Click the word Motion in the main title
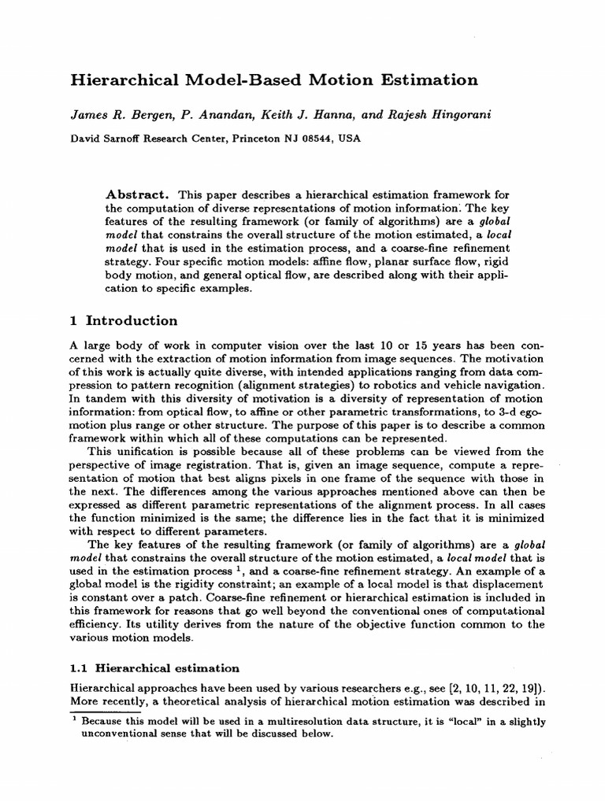(x=340, y=79)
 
